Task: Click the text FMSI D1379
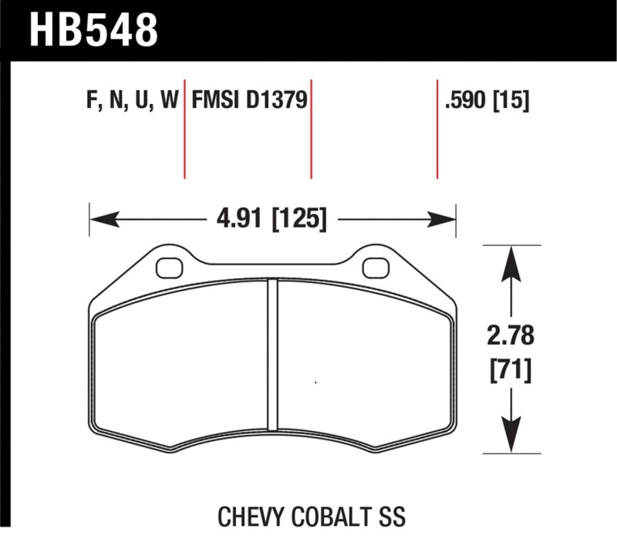click(249, 100)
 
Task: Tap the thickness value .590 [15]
click(487, 100)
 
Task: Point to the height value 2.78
click(511, 337)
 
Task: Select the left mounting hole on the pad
click(166, 267)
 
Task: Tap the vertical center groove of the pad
click(271, 355)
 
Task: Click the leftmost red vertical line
click(184, 127)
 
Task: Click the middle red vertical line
click(311, 127)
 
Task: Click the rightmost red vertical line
click(437, 127)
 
